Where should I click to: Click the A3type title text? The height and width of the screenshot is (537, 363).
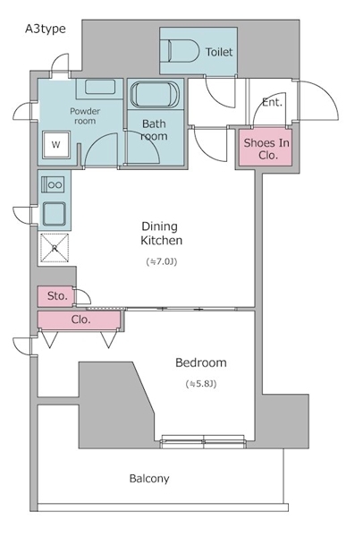pos(46,29)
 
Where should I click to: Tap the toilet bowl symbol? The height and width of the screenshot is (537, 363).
pos(183,51)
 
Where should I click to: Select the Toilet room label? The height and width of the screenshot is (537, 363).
pos(219,52)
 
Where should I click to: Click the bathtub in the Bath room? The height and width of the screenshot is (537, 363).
pos(155,94)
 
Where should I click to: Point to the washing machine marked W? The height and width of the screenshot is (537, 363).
pos(56,144)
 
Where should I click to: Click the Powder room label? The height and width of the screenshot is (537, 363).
pos(85,116)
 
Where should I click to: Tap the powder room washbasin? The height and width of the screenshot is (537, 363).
pos(100,87)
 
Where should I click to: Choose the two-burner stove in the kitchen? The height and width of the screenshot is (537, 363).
pos(53,185)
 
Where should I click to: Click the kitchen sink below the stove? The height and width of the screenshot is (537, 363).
pos(55,213)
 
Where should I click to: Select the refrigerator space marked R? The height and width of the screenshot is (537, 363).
pos(55,248)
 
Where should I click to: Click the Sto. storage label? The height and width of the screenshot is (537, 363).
pos(57,296)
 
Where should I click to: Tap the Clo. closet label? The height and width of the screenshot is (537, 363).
pos(81,320)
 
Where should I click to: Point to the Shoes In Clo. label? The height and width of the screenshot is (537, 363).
pos(266,149)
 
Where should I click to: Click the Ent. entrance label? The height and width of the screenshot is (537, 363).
pos(273,102)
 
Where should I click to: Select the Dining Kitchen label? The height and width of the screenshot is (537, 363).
pos(162,234)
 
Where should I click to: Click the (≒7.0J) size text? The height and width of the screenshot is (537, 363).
pos(162,262)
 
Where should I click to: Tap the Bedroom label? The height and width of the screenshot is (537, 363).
pos(201,362)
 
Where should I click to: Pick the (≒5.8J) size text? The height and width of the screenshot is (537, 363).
pos(201,384)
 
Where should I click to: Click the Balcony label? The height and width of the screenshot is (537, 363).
pos(149,479)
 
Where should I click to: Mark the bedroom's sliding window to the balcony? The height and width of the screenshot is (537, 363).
pos(203,441)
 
